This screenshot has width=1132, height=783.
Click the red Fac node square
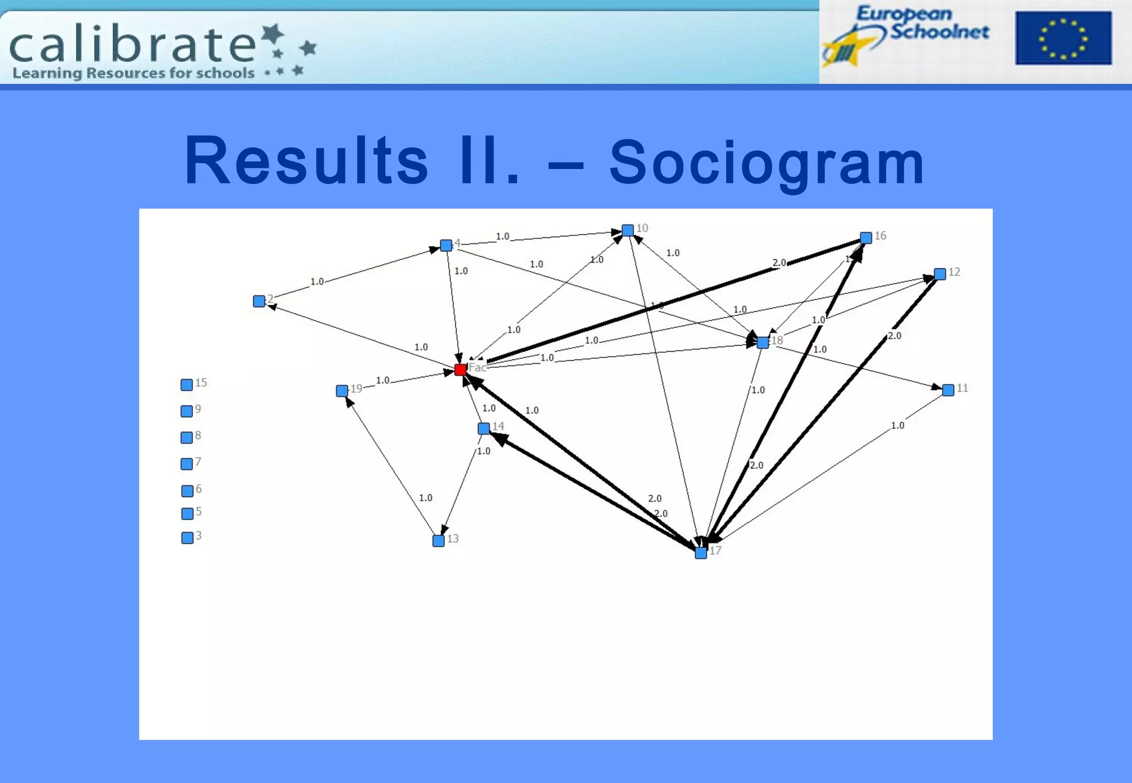coord(460,369)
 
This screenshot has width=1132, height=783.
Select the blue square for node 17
coord(701,553)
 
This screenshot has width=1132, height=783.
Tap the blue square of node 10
coord(628,230)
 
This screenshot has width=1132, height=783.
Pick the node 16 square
coord(866,237)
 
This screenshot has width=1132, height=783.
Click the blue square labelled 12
coord(940,274)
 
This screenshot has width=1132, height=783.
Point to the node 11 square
coord(948,390)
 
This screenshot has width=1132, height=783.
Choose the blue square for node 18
coord(763,342)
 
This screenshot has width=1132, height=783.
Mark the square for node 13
coord(438,541)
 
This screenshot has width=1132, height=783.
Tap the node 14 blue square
coord(484,428)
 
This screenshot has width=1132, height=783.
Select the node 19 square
coord(342,391)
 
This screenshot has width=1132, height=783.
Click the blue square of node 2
coord(259,301)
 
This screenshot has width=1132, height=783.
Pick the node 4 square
coord(446,245)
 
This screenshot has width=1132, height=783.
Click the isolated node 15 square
coord(187,385)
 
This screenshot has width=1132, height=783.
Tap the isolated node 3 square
coord(187,538)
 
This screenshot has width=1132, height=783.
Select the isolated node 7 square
coord(187,464)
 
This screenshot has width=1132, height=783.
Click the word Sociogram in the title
coord(767,162)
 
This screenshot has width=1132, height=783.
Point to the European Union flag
coord(1063,38)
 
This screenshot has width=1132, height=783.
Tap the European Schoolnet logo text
coord(922,23)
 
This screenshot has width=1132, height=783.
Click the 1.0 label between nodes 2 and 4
coord(317,282)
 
